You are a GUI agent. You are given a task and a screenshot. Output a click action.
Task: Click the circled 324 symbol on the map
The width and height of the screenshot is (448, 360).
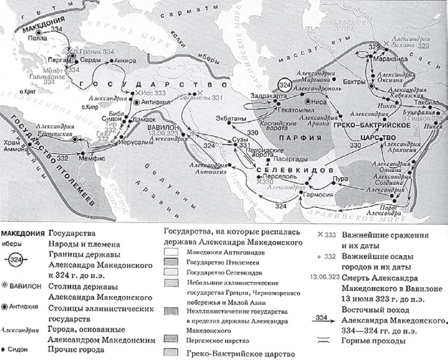coord(285,85)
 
